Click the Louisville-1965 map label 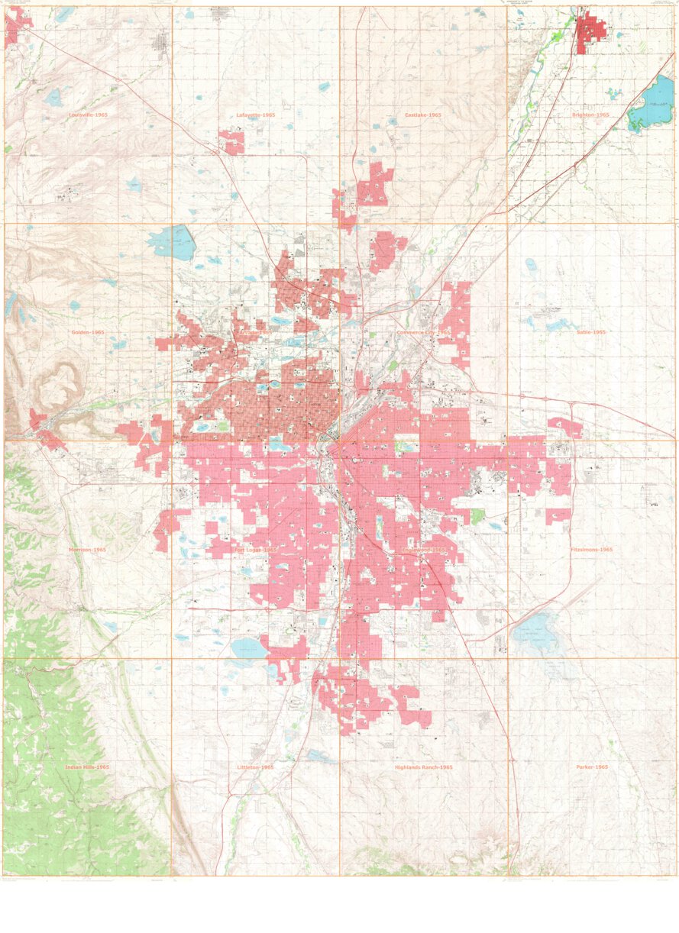(87, 115)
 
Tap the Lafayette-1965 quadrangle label (255, 115)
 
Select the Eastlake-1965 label (423, 115)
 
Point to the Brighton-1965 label (590, 115)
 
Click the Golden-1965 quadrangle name (87, 332)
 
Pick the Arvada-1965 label (255, 334)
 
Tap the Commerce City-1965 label (423, 332)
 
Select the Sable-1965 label (590, 332)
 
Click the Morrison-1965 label (87, 550)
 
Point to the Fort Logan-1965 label (255, 550)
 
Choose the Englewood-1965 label (423, 550)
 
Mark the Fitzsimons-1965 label (590, 550)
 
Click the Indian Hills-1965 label (87, 767)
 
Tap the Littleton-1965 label (255, 767)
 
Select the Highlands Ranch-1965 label (423, 767)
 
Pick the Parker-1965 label (590, 767)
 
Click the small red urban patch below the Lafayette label (231, 142)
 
